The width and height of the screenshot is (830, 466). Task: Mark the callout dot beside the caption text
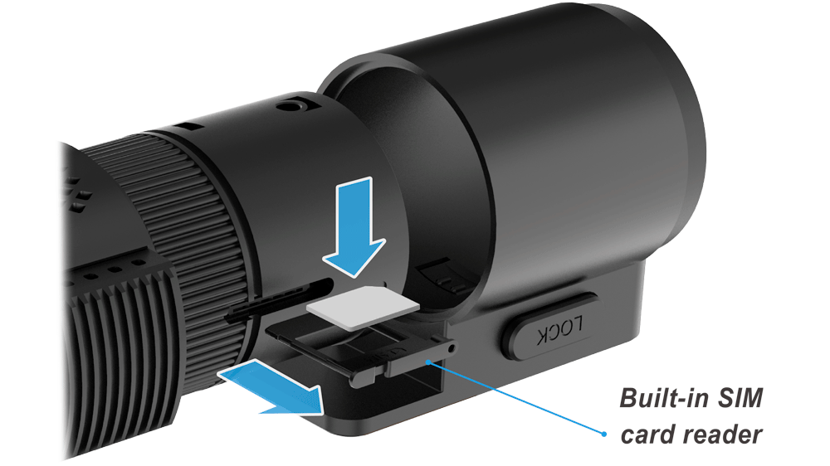click(604, 434)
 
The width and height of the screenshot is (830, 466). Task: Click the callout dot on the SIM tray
click(428, 362)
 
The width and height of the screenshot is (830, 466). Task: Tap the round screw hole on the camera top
click(290, 106)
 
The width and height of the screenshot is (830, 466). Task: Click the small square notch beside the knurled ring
click(188, 128)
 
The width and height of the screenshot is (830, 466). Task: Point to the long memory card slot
click(280, 302)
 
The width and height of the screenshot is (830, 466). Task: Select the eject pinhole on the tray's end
click(451, 348)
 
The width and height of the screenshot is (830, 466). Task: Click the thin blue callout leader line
click(516, 398)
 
